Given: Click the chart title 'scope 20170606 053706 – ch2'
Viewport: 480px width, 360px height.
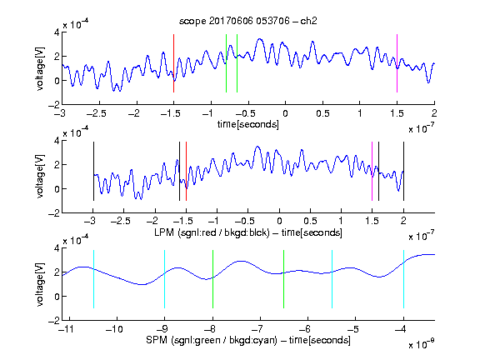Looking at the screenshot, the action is [x=248, y=21].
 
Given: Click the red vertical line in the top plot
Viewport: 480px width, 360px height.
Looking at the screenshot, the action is [x=173, y=63].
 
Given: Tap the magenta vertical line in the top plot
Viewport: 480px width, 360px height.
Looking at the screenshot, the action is [x=397, y=63].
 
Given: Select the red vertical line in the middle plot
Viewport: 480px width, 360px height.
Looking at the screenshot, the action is [x=186, y=171].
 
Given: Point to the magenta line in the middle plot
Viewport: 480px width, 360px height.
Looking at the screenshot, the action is [x=372, y=171].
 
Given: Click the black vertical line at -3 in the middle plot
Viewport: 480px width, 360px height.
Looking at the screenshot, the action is [x=93, y=171].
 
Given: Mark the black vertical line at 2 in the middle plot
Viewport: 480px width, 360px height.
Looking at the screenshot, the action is [x=403, y=171].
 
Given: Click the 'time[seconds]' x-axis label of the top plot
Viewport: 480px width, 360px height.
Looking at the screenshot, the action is [x=248, y=124].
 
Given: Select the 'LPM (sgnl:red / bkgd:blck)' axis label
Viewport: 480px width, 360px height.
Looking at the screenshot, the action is [x=212, y=232].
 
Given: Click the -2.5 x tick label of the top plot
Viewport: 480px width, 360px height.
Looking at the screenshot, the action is [x=96, y=113].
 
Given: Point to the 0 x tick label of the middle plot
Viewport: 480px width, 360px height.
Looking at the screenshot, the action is [x=279, y=221].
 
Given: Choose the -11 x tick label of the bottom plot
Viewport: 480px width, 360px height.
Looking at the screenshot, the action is [x=67, y=329].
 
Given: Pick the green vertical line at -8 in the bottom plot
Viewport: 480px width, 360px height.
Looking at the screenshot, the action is [x=212, y=279].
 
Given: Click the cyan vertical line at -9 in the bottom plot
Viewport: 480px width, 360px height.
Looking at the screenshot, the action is [x=164, y=279].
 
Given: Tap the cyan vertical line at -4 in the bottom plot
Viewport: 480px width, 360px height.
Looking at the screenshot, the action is [x=403, y=279].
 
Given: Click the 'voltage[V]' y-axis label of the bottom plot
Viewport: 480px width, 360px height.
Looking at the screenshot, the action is [x=40, y=284].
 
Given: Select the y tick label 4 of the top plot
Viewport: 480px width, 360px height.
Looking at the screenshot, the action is [x=57, y=32].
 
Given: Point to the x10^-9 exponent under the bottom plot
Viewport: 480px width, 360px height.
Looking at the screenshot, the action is [x=421, y=344].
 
